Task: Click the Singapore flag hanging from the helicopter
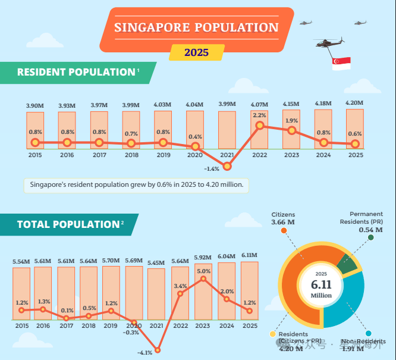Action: click(341, 63)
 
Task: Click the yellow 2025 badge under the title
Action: click(196, 52)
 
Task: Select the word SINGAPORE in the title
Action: click(151, 27)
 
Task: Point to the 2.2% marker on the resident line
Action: click(259, 126)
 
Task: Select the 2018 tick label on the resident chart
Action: click(131, 154)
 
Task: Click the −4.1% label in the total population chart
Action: click(145, 353)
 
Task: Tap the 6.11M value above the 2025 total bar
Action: click(249, 255)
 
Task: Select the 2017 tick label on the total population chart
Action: click(66, 325)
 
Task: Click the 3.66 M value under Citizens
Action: click(283, 223)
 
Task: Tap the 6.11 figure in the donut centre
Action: click(320, 285)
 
